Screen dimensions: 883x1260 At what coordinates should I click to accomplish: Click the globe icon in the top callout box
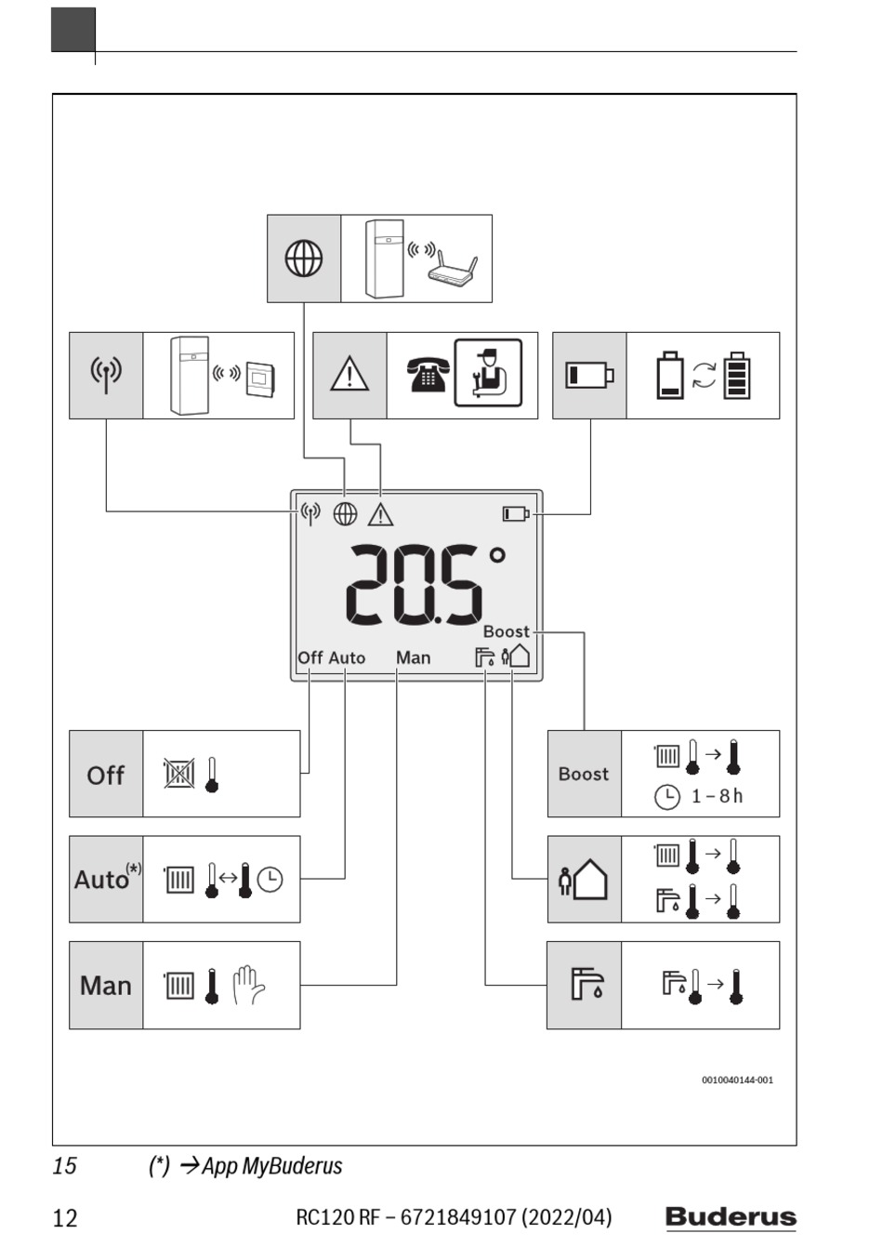(304, 259)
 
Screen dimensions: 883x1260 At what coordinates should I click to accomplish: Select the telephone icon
(428, 374)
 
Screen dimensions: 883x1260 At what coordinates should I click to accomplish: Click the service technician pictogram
(488, 373)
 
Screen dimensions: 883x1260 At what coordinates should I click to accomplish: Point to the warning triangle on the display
(381, 514)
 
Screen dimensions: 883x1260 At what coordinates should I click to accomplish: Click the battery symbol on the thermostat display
(516, 514)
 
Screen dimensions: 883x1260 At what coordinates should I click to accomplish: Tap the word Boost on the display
(507, 631)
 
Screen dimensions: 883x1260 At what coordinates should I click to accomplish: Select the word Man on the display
(414, 657)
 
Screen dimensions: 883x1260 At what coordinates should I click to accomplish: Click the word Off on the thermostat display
(310, 657)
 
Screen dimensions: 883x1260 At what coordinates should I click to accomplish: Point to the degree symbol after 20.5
(497, 556)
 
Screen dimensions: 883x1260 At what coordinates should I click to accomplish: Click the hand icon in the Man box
(248, 985)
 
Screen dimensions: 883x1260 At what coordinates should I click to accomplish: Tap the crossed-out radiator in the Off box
(179, 774)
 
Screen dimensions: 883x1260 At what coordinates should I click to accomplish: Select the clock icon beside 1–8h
(667, 797)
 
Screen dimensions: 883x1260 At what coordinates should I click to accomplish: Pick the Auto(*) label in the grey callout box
(107, 878)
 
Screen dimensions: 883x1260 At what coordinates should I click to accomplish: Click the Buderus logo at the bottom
(731, 1217)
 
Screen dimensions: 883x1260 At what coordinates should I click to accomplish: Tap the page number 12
(65, 1218)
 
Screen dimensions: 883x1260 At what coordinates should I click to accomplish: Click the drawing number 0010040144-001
(737, 1080)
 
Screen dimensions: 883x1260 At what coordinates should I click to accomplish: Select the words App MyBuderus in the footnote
(271, 1166)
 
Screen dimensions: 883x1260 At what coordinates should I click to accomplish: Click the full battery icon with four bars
(737, 375)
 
